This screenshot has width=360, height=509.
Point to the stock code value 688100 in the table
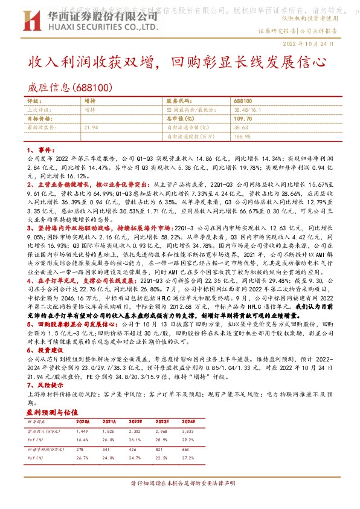pyautogui.click(x=243, y=102)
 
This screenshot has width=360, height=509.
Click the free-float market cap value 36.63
pyautogui.click(x=242, y=128)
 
